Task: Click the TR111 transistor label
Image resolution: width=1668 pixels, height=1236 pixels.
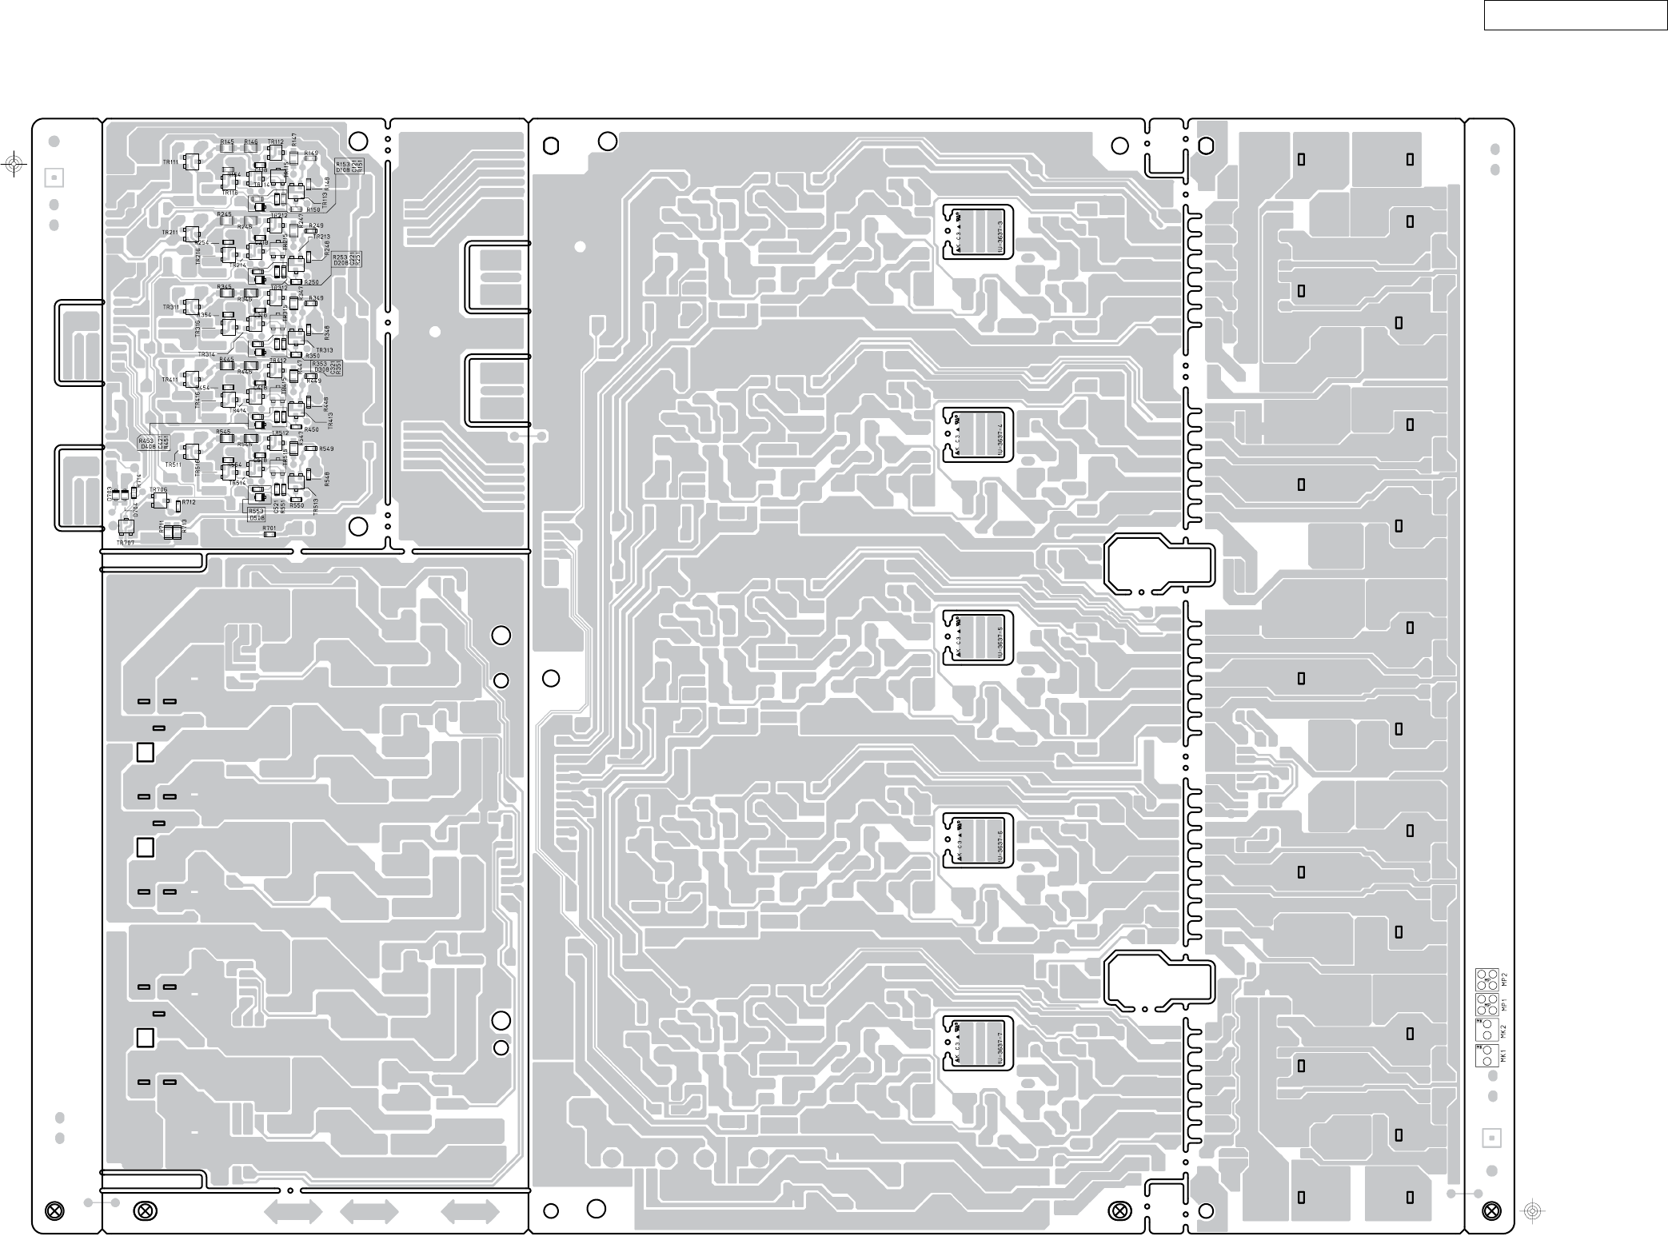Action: click(x=170, y=162)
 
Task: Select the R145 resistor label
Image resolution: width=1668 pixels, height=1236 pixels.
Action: click(x=227, y=142)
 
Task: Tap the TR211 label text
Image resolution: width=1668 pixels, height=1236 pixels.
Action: click(x=170, y=233)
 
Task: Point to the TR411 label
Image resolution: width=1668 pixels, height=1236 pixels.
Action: click(x=170, y=380)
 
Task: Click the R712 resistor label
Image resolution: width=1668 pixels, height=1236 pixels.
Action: click(x=189, y=502)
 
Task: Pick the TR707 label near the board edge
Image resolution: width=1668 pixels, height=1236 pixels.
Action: click(x=125, y=543)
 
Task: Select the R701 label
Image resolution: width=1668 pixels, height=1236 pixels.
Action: click(x=269, y=528)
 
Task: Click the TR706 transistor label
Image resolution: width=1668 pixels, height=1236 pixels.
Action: click(x=158, y=489)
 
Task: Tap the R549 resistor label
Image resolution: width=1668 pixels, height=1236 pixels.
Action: click(x=326, y=449)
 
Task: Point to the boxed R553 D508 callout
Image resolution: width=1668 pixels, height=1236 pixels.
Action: click(x=257, y=514)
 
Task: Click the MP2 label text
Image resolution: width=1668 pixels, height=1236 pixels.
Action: click(x=1503, y=978)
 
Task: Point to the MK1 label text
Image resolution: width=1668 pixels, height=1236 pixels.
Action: click(x=1503, y=1055)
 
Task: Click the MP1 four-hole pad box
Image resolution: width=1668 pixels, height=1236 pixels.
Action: click(x=1487, y=1003)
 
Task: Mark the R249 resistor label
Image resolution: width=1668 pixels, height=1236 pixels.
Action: click(x=317, y=226)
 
